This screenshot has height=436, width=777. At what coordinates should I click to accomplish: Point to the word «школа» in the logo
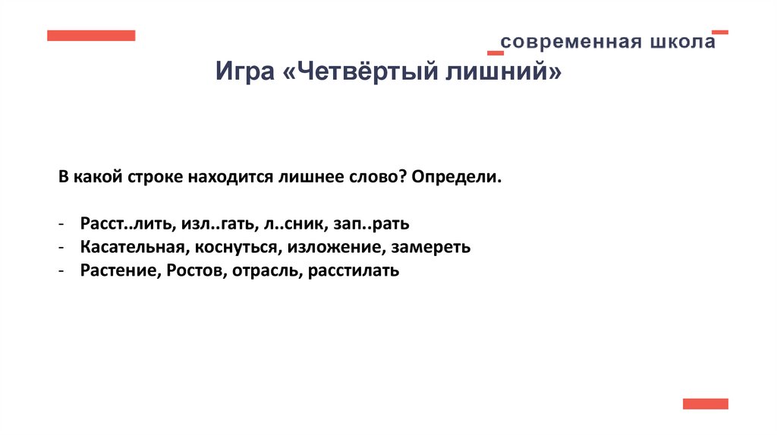681,41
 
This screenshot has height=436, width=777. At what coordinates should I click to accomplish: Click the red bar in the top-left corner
91,35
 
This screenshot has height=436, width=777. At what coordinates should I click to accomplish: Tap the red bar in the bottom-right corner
705,403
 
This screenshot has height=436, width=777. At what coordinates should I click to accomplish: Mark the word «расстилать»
354,270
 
